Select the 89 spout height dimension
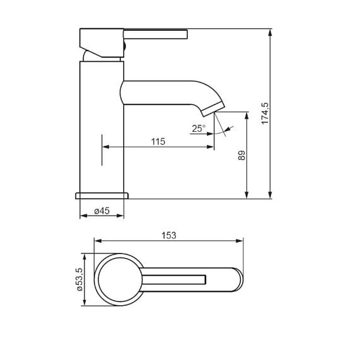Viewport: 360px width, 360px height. pyautogui.click(x=241, y=155)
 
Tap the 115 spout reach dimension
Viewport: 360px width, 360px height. pyautogui.click(x=158, y=142)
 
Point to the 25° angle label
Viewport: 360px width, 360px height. pyautogui.click(x=198, y=129)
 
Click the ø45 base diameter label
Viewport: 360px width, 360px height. pyautogui.click(x=102, y=212)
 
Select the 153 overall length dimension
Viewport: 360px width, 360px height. pyautogui.click(x=168, y=235)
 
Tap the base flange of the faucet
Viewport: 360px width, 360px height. pyautogui.click(x=102, y=195)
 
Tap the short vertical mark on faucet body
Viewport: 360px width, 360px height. pyautogui.click(x=102, y=150)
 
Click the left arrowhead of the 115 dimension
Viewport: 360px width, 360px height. pyautogui.click(x=105, y=148)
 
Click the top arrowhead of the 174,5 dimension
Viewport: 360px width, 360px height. pyautogui.click(x=271, y=32)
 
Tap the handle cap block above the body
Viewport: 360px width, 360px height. pyautogui.click(x=101, y=42)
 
